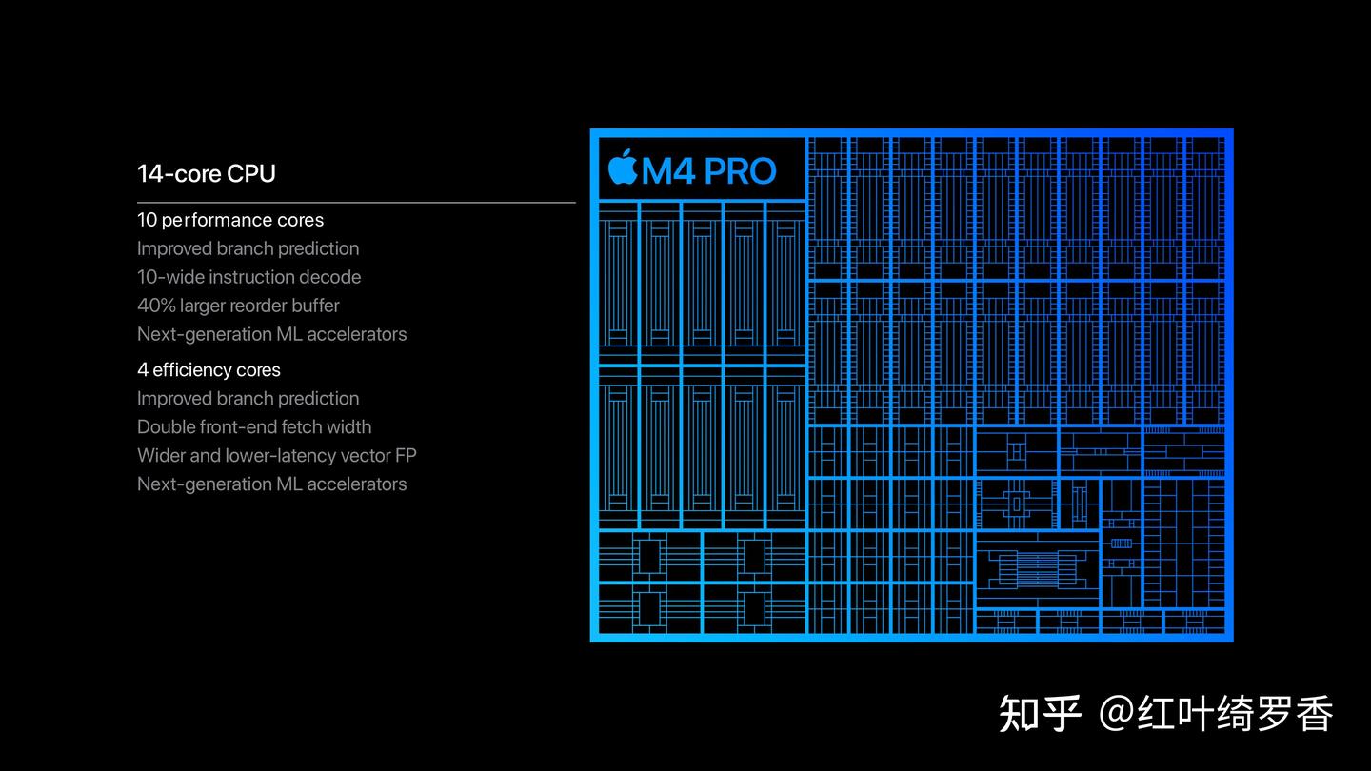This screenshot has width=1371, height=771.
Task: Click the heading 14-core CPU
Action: tap(207, 174)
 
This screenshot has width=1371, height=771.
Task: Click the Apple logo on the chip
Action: tap(623, 168)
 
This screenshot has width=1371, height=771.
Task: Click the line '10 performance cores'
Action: tap(230, 220)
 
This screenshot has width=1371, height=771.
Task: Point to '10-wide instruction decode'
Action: tap(248, 277)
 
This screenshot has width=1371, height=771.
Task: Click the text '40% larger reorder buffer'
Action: tap(238, 306)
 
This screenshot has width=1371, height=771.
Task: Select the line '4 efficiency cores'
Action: tap(209, 370)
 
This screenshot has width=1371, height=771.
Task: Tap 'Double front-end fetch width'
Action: tap(254, 427)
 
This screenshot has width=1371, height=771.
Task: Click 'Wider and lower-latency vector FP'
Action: tap(276, 456)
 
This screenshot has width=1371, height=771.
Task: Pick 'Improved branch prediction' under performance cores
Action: tap(248, 248)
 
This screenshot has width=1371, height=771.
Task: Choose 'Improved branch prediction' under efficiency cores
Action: tap(248, 399)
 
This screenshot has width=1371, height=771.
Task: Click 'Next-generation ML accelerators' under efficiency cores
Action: tap(271, 484)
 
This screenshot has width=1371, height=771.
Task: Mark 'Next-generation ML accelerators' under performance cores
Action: tap(271, 334)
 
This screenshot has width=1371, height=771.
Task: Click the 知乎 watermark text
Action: tap(1040, 714)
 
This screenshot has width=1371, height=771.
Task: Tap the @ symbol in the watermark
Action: tap(1116, 714)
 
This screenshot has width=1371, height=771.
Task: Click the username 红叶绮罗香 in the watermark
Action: tap(1235, 714)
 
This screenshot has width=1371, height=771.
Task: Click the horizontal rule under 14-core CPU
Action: tap(356, 203)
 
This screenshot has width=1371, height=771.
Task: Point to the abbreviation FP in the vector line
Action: tap(406, 456)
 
